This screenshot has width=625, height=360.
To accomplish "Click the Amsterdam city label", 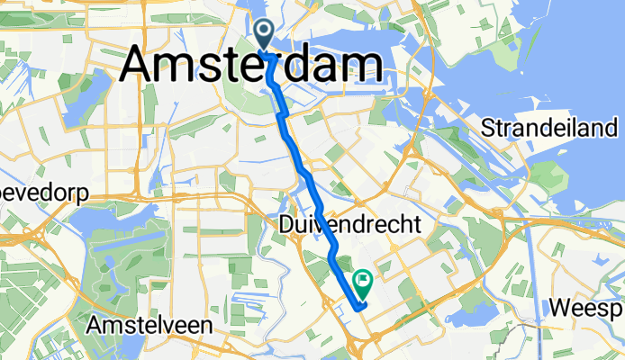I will click(x=249, y=66).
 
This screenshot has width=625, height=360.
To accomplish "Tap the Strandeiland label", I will click(x=553, y=128).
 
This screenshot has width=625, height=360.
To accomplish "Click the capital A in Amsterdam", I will click(x=141, y=66).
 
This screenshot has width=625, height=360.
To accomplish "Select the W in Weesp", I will click(x=560, y=308).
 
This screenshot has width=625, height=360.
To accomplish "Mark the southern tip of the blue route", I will click(x=359, y=307).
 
